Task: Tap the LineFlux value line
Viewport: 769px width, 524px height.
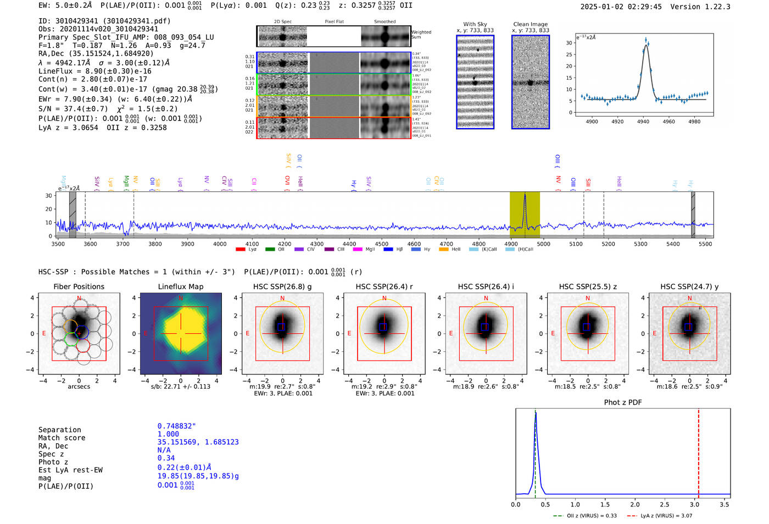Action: point(94,71)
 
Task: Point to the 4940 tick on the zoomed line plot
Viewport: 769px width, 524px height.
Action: point(643,121)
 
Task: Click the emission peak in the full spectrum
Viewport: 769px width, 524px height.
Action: point(525,196)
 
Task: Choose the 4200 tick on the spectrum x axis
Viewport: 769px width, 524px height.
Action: point(285,244)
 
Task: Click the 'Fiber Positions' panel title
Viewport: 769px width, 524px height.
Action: point(79,286)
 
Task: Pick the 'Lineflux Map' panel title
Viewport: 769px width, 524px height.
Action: point(180,286)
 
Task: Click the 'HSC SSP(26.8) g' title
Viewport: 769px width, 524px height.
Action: point(282,286)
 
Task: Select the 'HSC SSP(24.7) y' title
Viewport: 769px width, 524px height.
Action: point(689,286)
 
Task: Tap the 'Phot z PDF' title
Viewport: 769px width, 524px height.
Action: point(623,402)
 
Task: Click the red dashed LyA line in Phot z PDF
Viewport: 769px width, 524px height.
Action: point(698,451)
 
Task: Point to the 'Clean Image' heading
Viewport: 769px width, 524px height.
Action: point(530,24)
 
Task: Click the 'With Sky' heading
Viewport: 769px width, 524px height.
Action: point(475,24)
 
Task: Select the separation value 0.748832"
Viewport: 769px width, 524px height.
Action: point(176,426)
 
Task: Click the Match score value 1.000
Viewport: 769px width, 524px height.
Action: point(168,434)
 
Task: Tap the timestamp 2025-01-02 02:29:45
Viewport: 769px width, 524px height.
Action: point(621,7)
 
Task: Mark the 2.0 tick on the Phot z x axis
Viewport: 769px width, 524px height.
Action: point(634,504)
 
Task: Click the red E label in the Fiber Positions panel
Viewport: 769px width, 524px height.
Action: point(44,334)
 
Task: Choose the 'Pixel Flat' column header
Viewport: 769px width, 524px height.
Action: point(334,21)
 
